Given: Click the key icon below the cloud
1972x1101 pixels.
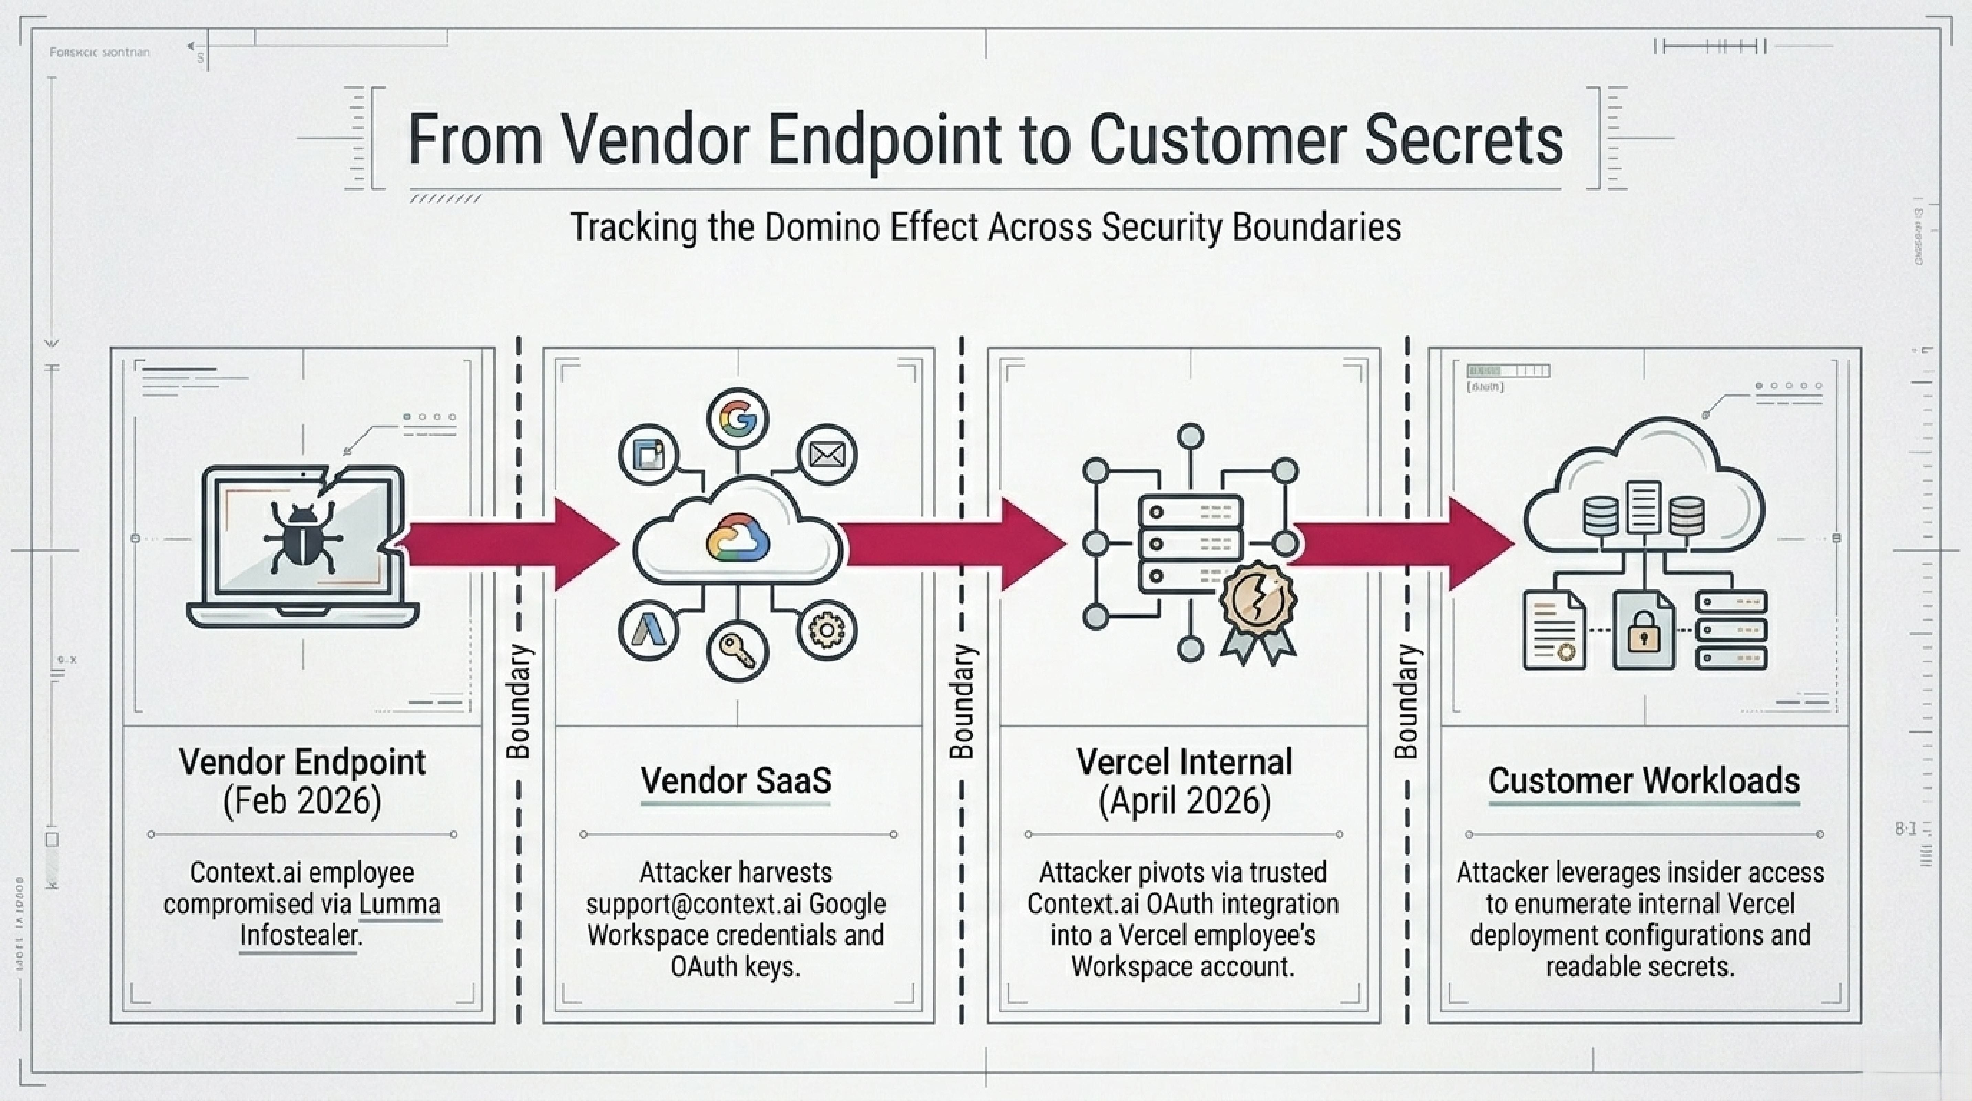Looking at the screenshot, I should point(737,652).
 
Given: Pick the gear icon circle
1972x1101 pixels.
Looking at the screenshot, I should point(827,630).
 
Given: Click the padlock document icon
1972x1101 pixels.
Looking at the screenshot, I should point(1643,630).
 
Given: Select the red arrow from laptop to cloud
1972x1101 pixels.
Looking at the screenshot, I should point(509,544).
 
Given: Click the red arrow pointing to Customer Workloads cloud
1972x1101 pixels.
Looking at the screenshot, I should point(1401,544).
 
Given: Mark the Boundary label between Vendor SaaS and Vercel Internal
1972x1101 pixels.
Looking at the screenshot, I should point(962,701).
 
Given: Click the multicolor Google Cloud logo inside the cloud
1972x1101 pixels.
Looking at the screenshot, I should point(737,537).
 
